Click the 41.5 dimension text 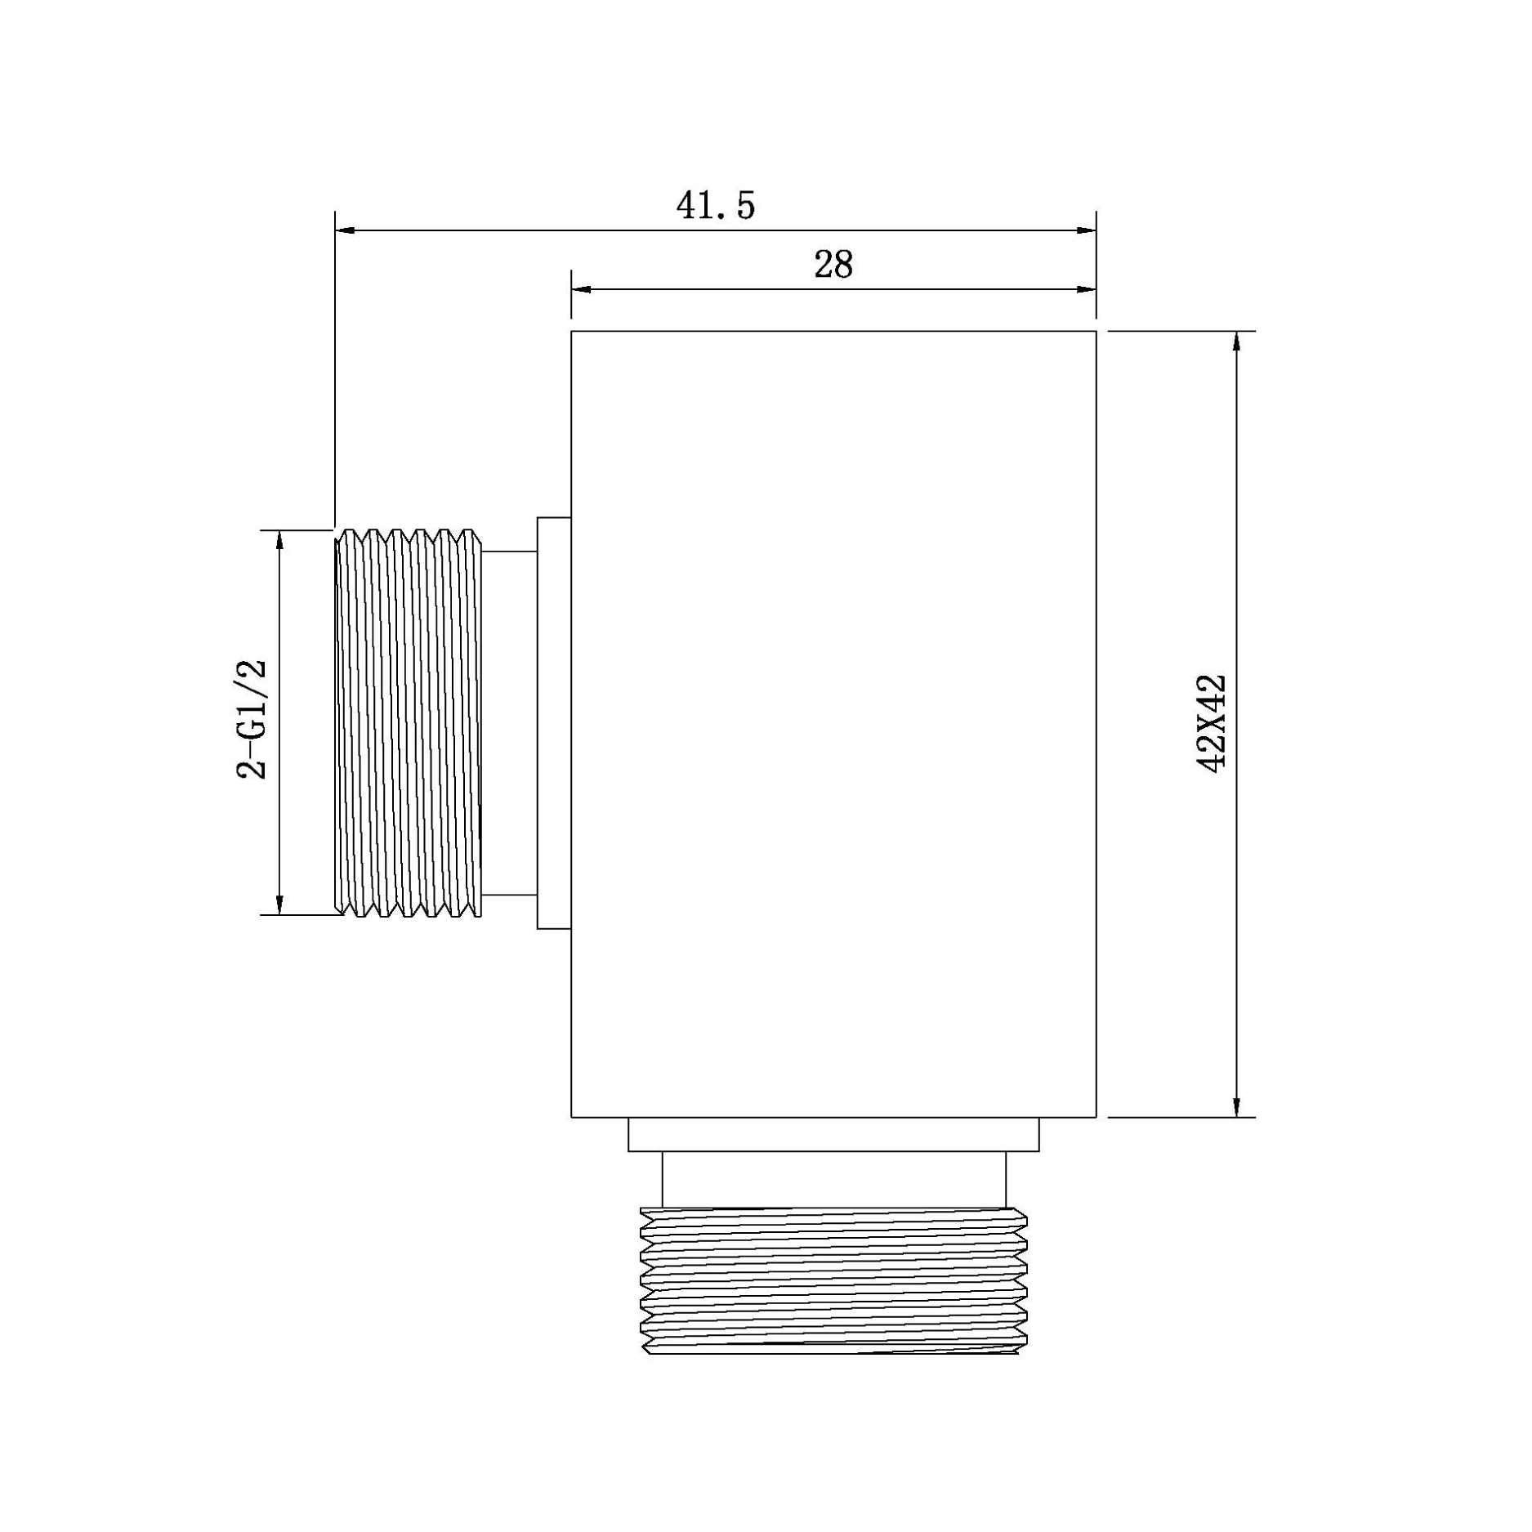click(x=715, y=206)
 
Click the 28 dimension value click(x=833, y=265)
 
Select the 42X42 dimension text click(x=1211, y=723)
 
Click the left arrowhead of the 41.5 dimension click(x=345, y=230)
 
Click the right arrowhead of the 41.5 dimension click(x=1086, y=230)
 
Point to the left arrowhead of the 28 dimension click(x=581, y=289)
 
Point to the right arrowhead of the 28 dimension click(x=1086, y=289)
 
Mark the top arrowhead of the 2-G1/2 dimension click(x=279, y=541)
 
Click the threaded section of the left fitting click(x=409, y=723)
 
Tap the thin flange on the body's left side click(x=554, y=723)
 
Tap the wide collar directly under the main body click(x=833, y=1135)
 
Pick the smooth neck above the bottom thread click(x=833, y=1179)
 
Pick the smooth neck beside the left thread click(x=510, y=723)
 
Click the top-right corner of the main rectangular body click(x=1096, y=331)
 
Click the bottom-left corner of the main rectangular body click(x=571, y=1117)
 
